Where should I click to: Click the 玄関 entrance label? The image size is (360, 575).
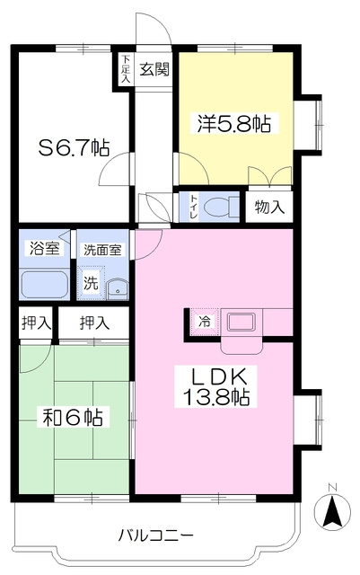click(x=155, y=69)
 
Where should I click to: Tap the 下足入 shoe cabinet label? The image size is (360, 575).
click(x=126, y=68)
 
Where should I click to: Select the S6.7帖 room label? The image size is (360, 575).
click(x=74, y=147)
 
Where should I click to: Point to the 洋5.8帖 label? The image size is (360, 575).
click(x=234, y=124)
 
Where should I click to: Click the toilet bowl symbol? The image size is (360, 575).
click(x=221, y=208)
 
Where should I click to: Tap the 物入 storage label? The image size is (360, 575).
click(x=269, y=208)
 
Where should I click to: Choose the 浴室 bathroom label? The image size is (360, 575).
click(x=44, y=249)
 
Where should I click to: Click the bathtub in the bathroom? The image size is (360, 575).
click(x=44, y=285)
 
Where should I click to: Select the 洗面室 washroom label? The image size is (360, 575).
click(x=102, y=250)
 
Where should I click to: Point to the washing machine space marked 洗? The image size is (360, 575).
click(x=91, y=282)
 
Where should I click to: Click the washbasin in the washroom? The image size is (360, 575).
click(x=118, y=287)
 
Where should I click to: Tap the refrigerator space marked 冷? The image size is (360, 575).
click(x=205, y=322)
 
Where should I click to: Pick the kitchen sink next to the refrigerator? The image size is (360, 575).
click(x=241, y=323)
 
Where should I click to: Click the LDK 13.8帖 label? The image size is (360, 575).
click(x=215, y=386)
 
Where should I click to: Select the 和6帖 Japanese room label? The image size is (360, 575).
click(x=73, y=417)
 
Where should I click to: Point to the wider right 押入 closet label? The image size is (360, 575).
click(x=94, y=323)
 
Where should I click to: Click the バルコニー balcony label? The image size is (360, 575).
click(x=155, y=535)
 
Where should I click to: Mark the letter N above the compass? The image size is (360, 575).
click(x=332, y=487)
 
